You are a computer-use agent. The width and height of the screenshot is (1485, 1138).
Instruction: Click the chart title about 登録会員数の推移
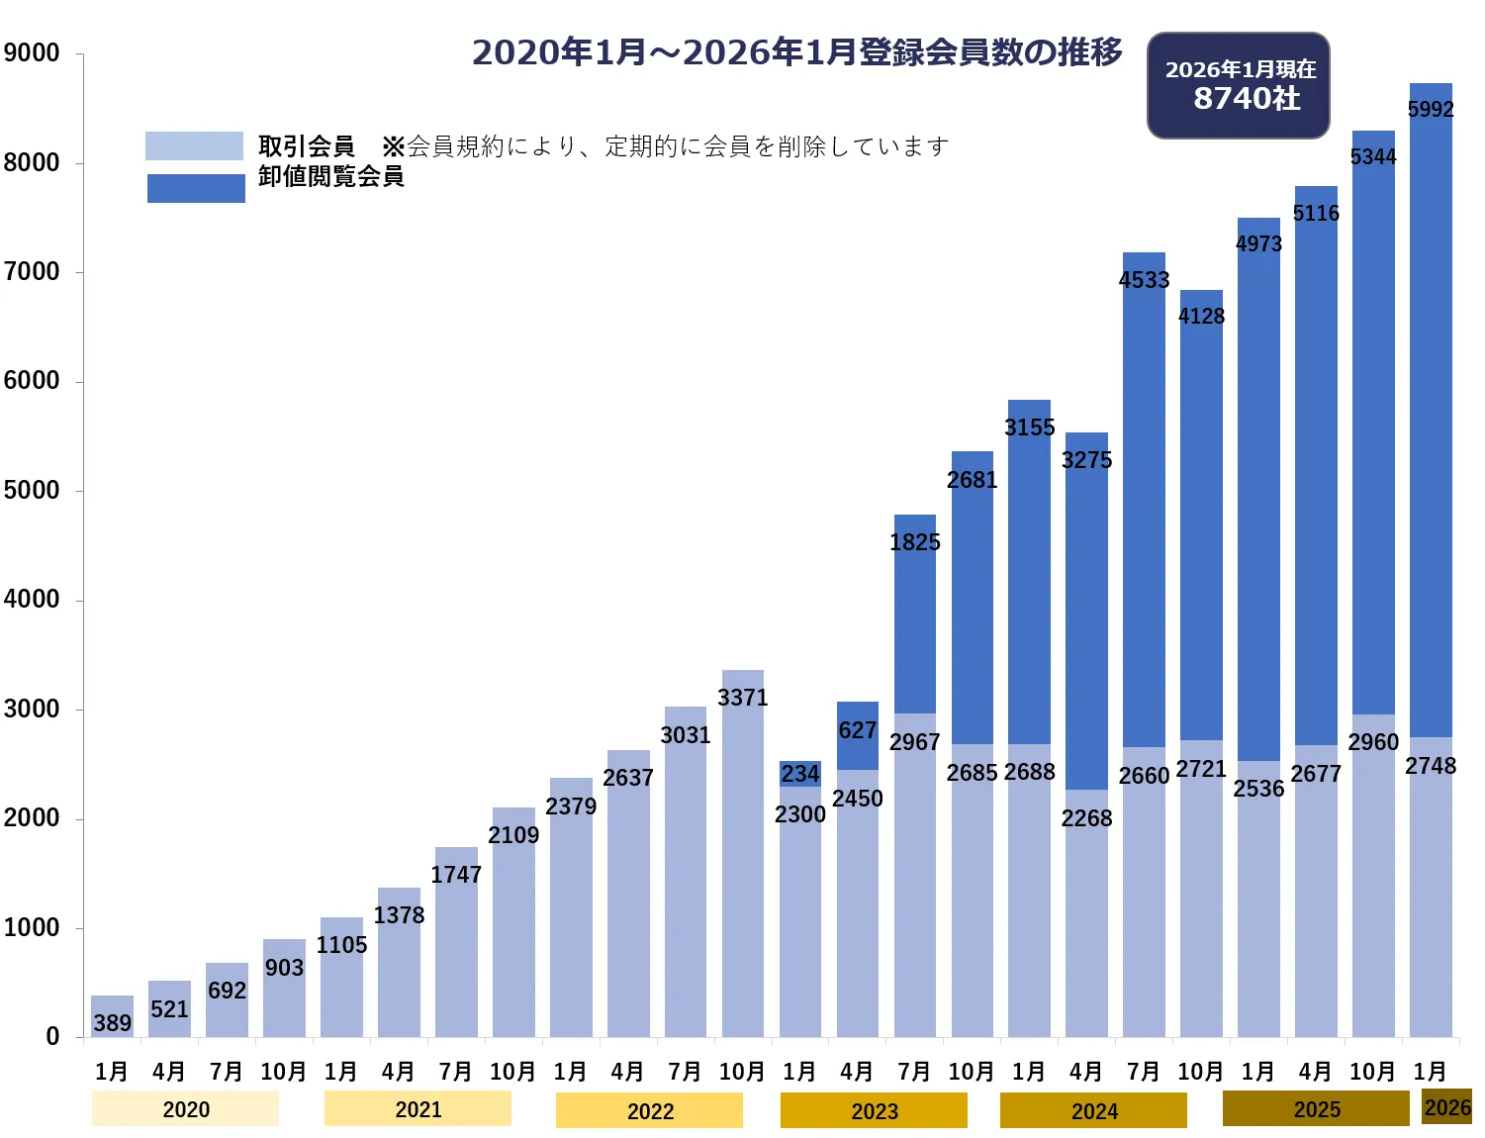point(796,51)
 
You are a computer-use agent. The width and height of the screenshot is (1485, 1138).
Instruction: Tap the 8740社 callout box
point(1239,85)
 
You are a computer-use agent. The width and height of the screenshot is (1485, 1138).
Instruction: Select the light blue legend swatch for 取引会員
point(194,145)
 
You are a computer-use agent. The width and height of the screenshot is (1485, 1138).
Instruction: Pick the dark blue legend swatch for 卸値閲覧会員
point(196,188)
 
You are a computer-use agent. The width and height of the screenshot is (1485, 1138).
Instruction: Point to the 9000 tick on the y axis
point(32,53)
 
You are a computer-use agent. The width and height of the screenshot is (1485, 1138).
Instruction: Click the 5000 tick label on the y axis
point(32,491)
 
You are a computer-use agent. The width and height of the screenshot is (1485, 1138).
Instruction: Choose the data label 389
point(112,1022)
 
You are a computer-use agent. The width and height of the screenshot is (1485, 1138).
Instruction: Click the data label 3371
point(742,698)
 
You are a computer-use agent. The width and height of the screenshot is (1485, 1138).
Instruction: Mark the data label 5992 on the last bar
point(1431,109)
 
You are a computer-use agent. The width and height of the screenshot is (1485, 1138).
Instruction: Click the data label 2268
point(1086,818)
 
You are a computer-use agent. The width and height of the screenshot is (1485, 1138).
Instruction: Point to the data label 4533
point(1144,280)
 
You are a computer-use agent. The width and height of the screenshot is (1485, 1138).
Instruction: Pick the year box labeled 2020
point(185,1109)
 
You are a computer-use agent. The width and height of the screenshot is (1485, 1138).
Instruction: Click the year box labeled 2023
point(874,1110)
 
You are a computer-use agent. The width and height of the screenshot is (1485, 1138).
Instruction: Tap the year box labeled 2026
point(1446,1107)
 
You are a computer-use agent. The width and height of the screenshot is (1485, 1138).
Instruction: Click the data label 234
point(799,774)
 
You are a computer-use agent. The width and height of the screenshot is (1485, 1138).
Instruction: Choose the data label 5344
point(1373,156)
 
